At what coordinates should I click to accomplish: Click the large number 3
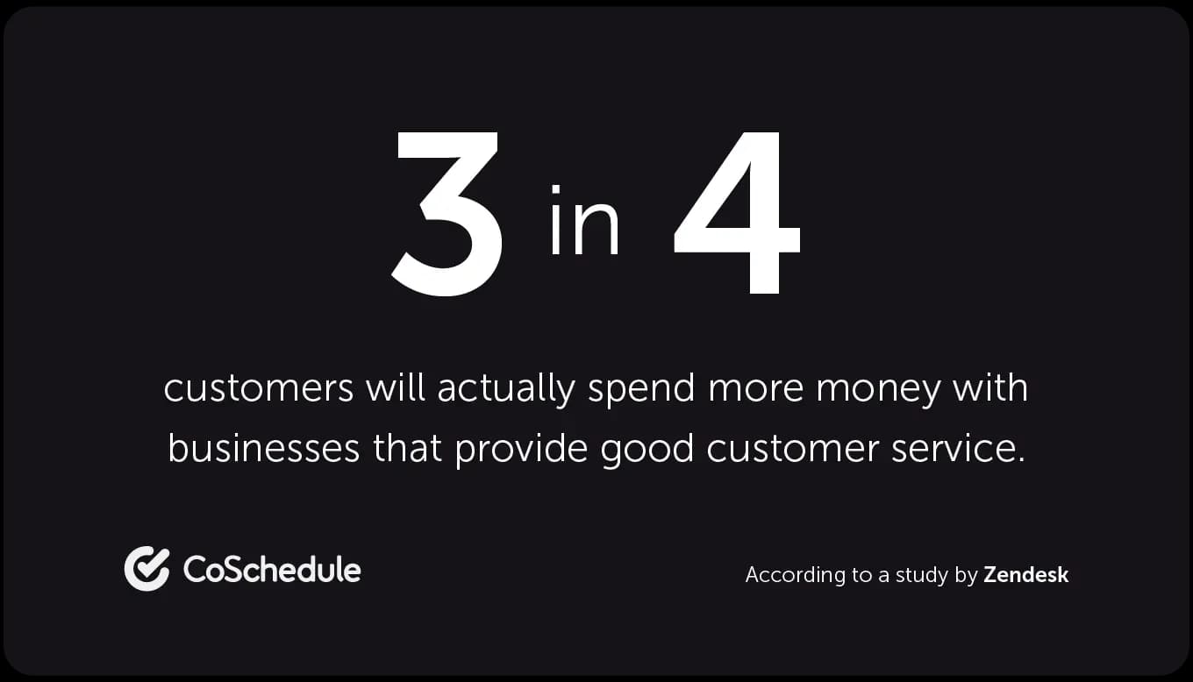point(446,213)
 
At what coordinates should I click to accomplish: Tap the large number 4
point(737,212)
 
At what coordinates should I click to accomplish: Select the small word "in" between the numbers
point(584,220)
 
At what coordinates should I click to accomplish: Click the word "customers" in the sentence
point(258,388)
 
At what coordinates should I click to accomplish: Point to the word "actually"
point(506,390)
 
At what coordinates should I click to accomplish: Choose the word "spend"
point(641,390)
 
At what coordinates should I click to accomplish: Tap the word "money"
point(878,391)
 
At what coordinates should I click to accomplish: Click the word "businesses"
point(264,447)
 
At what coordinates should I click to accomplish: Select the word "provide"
point(521,450)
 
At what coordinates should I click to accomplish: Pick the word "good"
point(647,450)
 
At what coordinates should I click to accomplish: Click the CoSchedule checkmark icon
point(147,568)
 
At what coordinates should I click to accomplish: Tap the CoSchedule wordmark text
point(272,569)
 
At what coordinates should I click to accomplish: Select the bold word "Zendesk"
point(1025,575)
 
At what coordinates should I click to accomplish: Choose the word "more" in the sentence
point(755,391)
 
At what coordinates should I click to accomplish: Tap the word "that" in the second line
point(407,447)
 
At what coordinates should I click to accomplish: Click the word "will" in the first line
point(395,387)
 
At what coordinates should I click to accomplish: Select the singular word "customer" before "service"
point(792,448)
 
